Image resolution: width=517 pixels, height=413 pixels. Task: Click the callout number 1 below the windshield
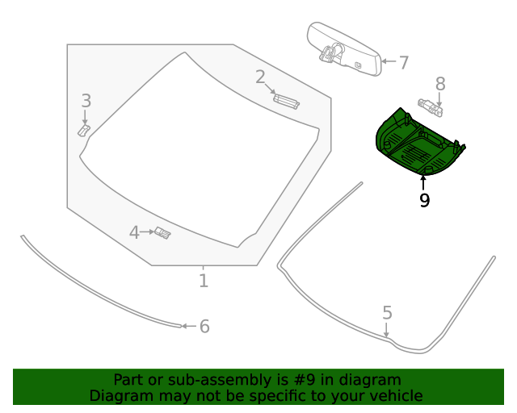click(204, 281)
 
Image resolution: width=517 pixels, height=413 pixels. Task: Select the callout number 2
click(260, 77)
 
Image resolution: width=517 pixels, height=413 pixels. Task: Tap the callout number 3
click(86, 101)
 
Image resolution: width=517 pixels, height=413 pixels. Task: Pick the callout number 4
click(134, 232)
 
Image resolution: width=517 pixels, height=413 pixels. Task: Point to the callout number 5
click(387, 312)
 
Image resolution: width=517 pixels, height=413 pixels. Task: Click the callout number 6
click(204, 326)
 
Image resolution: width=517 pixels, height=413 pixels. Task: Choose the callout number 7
click(403, 62)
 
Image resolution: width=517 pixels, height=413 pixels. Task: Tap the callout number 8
click(440, 83)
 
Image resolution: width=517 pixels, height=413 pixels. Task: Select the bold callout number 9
click(424, 200)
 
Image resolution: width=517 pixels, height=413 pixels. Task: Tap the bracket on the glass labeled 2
click(286, 100)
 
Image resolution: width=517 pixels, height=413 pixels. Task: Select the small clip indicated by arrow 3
click(84, 129)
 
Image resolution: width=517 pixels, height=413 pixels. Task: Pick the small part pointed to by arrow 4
click(163, 233)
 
